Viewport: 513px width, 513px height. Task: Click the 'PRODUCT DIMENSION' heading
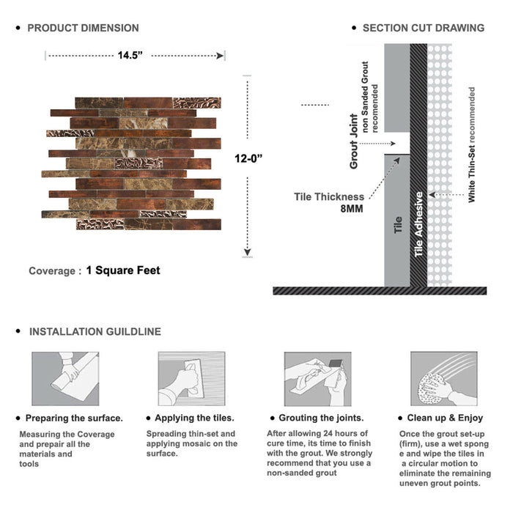[x=83, y=28]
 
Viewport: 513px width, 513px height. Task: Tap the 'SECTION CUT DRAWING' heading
[x=423, y=28]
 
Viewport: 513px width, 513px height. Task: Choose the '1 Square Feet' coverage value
[x=122, y=270]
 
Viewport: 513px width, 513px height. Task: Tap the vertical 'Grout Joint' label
[x=354, y=141]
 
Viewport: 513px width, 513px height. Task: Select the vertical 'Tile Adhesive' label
[x=419, y=224]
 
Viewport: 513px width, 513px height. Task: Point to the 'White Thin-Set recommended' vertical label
[x=472, y=144]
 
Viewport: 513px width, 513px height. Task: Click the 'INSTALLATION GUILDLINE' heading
[x=95, y=331]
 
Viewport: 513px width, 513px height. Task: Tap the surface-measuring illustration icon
[x=64, y=378]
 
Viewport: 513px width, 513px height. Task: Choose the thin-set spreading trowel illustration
[x=191, y=378]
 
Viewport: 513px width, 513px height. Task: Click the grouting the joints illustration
[x=316, y=378]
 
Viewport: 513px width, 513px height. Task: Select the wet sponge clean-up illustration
[x=441, y=378]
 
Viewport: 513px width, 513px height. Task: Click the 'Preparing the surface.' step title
[x=74, y=418]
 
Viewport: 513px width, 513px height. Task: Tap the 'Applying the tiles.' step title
[x=190, y=418]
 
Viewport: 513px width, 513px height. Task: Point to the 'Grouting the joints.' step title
[x=321, y=418]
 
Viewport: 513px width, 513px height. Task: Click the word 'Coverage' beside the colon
[x=51, y=271]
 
